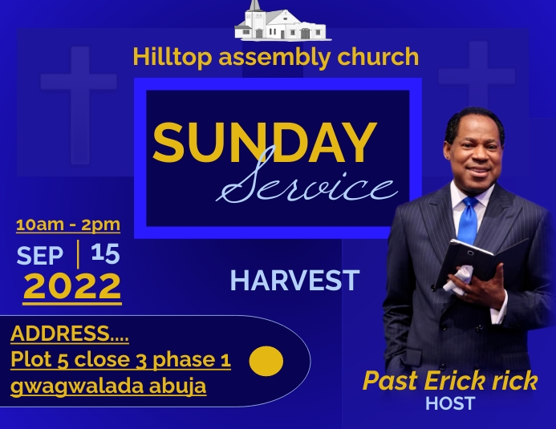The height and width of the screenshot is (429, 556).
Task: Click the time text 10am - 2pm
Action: [68, 224]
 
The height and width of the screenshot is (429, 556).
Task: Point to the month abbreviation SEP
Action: [40, 255]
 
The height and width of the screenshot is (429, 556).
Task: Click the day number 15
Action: [105, 253]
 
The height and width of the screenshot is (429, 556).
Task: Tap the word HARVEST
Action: [294, 281]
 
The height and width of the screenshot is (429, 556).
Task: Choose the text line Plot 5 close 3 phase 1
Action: [121, 359]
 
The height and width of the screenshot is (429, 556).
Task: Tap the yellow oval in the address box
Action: [266, 362]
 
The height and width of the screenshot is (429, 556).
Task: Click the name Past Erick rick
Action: [450, 381]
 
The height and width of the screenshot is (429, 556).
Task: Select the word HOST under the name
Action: [450, 403]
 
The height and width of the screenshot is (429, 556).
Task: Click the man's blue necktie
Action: [468, 220]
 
